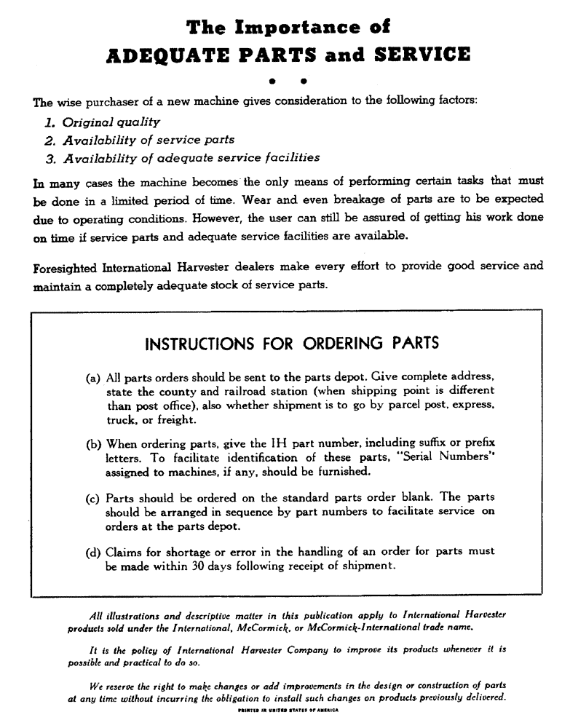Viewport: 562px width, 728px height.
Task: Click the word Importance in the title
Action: [287, 28]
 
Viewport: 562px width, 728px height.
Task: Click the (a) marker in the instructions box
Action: [93, 379]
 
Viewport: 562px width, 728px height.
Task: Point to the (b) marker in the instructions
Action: [93, 443]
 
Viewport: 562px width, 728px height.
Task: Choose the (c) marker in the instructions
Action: [93, 498]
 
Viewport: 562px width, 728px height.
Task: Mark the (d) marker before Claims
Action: [93, 552]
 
